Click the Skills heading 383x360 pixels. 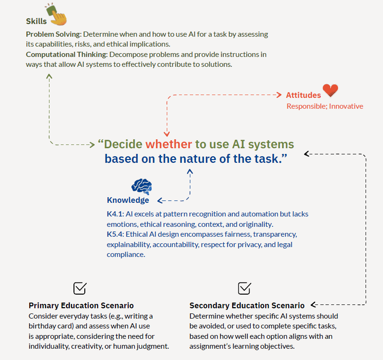[36, 21]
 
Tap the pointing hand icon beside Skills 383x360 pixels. [57, 15]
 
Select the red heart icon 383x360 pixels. [330, 91]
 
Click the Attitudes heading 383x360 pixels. [303, 95]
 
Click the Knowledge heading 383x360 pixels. [128, 200]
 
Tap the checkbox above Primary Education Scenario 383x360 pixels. [80, 288]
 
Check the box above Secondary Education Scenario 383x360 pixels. [244, 288]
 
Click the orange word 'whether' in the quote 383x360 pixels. [169, 144]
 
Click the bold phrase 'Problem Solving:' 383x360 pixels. [53, 34]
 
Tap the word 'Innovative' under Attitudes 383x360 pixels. [346, 106]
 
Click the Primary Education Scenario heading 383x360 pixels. [81, 305]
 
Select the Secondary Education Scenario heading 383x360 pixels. [247, 305]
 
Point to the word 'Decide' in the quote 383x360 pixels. [123, 144]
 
